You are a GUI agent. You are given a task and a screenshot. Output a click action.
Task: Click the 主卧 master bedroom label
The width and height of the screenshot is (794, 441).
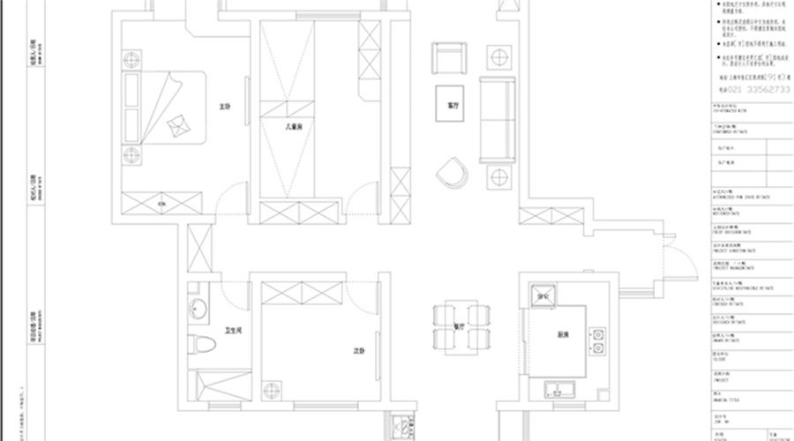point(224,108)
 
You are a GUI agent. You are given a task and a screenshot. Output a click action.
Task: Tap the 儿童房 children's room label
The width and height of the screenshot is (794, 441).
point(294,126)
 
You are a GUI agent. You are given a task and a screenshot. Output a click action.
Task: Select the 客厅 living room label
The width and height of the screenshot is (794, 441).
point(453,105)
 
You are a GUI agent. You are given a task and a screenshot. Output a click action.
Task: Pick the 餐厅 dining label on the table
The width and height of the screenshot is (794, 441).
point(459,325)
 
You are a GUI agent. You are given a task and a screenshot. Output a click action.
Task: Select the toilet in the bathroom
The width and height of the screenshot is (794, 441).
point(198,346)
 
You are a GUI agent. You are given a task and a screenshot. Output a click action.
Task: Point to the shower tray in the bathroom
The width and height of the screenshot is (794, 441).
point(214,388)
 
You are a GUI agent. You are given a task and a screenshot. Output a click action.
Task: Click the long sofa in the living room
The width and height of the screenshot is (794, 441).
point(498,119)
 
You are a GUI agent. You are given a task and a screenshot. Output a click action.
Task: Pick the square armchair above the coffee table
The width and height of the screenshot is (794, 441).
point(446,59)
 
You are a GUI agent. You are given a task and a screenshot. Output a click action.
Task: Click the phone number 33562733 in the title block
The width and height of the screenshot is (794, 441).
point(758,89)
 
